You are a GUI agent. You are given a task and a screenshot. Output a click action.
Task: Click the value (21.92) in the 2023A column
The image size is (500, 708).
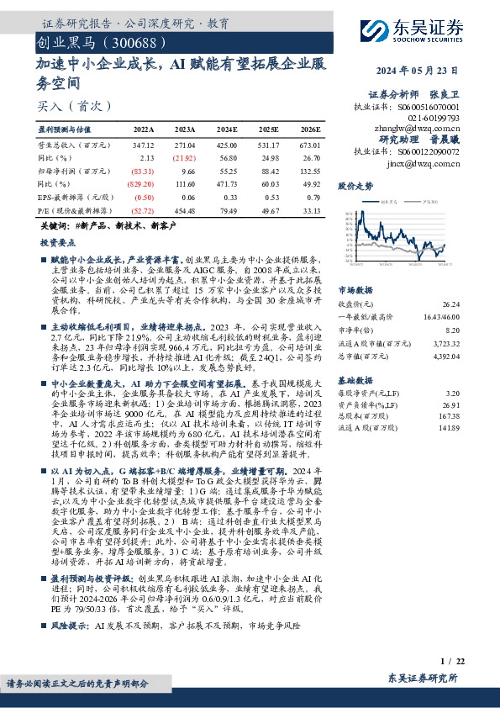pyautogui.click(x=183, y=157)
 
